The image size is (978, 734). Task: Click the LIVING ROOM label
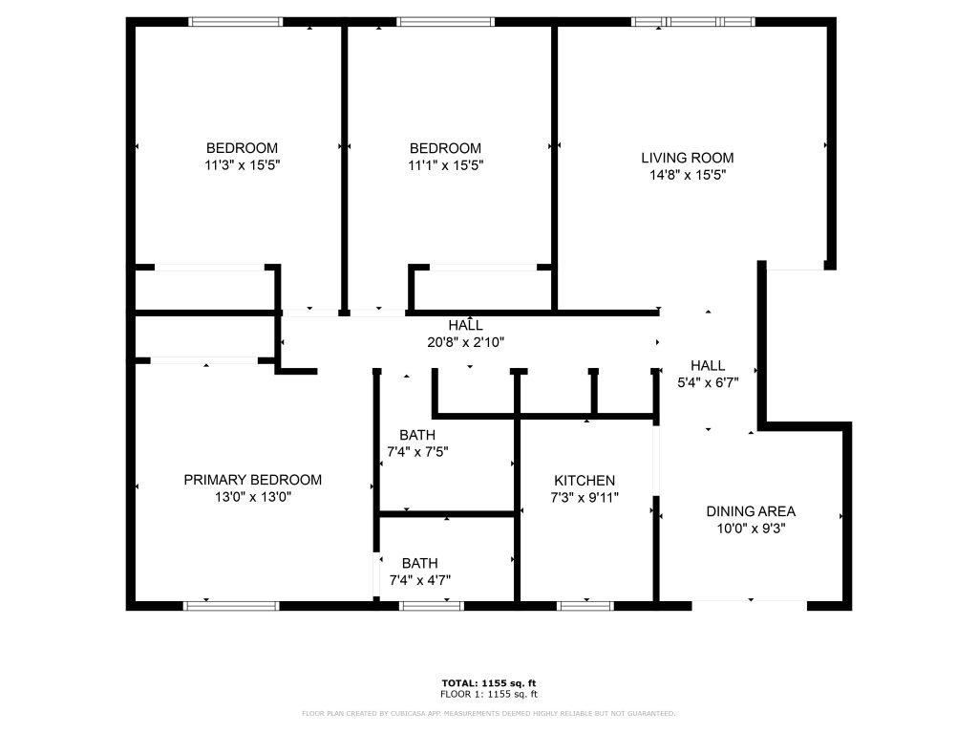coord(688,158)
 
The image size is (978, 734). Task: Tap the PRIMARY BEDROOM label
coord(252,480)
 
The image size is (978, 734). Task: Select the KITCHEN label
coord(585,481)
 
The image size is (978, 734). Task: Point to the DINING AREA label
coord(751,512)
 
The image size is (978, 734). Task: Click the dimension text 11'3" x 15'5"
coord(242,165)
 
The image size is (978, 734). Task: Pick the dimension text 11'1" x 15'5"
coord(445,165)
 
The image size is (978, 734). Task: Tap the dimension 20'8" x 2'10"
coord(465,342)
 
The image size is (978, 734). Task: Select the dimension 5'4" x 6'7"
coord(708,382)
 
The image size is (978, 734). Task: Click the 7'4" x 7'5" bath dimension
coord(417,452)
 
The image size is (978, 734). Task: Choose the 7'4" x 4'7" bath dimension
coord(420,580)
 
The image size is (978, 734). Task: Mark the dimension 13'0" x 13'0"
coord(252,497)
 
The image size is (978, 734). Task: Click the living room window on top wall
coord(693,22)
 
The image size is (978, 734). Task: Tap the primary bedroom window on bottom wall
coord(231,605)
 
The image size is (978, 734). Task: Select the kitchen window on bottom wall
coord(585,605)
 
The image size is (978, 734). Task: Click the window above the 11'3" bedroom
coord(235,22)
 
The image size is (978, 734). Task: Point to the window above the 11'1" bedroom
coord(445,22)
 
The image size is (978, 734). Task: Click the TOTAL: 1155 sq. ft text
coord(489,683)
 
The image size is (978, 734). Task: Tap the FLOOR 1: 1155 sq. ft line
coord(489,694)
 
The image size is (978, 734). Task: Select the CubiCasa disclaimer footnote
coord(488,713)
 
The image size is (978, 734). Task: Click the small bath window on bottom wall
coord(432,605)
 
